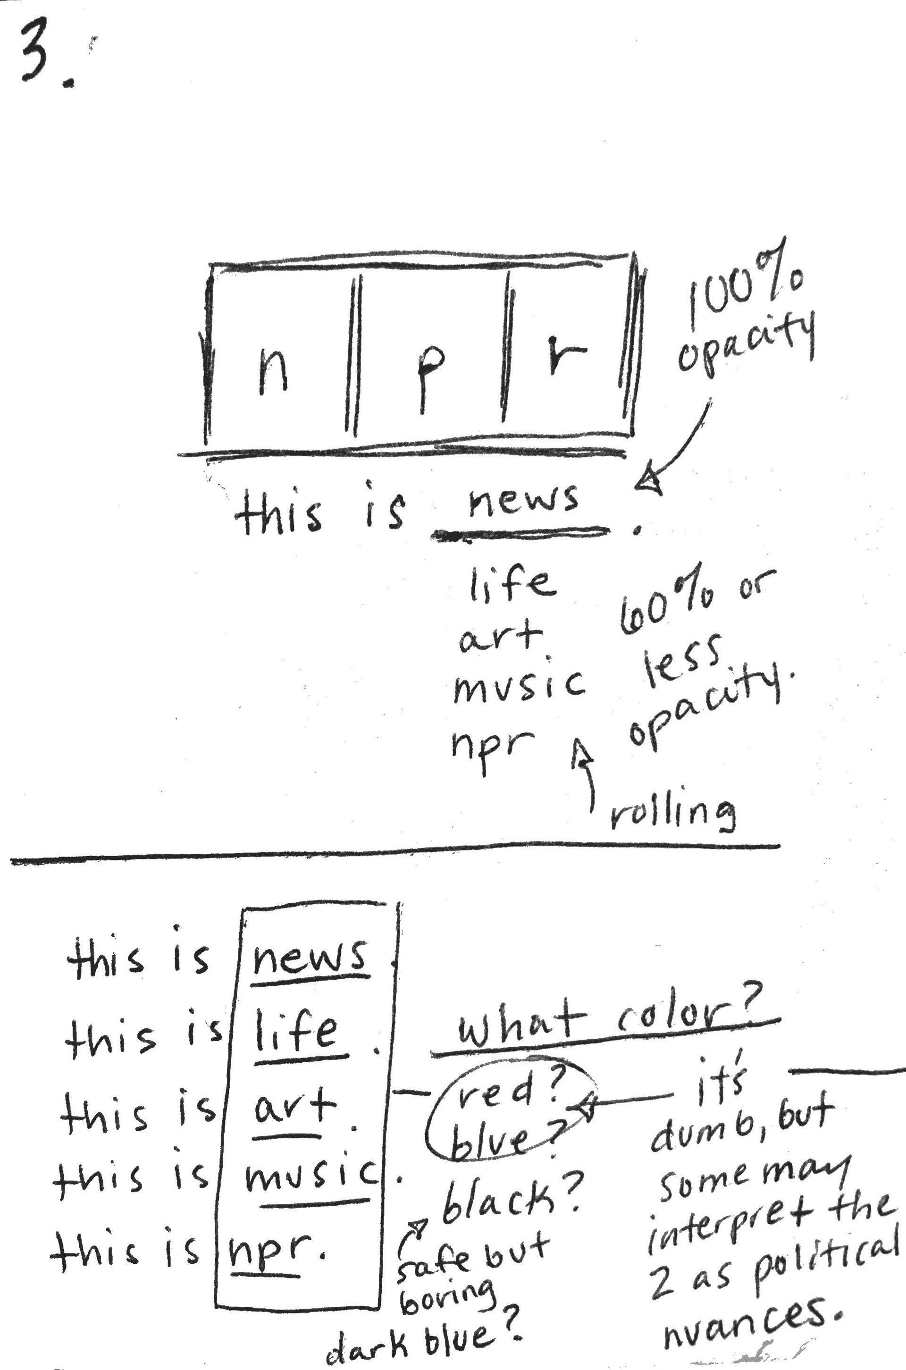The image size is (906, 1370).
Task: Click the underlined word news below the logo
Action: coord(522,500)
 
